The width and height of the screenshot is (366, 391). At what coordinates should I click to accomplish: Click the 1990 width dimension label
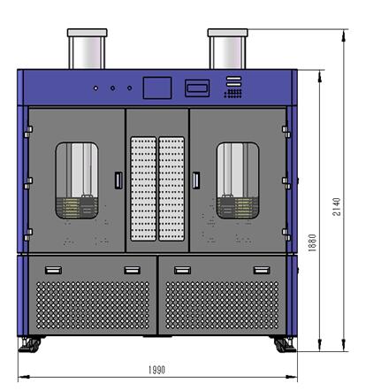click(156, 370)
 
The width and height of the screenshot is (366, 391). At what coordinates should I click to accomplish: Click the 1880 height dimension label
click(312, 242)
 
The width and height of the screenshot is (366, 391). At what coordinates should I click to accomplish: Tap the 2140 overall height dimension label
click(337, 207)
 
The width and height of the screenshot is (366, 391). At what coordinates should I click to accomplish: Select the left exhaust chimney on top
click(87, 49)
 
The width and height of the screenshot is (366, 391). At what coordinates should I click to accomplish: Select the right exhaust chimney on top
click(227, 49)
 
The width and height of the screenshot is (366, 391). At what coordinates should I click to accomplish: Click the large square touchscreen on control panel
click(157, 88)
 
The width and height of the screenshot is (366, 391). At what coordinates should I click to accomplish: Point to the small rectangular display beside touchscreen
click(197, 88)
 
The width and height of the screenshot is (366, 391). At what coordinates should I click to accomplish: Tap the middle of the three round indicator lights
click(112, 88)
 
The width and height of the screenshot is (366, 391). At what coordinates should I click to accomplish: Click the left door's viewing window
click(77, 180)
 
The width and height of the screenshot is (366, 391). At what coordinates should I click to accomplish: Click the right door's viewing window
click(238, 180)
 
